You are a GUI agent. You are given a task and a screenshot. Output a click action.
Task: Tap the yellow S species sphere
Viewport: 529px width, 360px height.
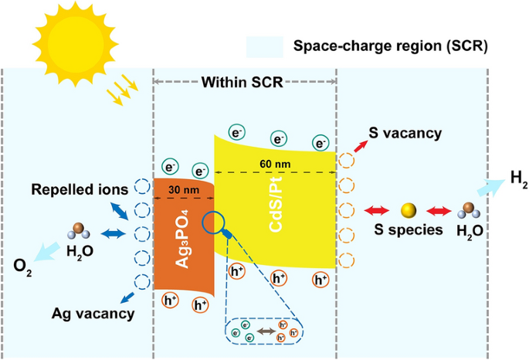point(409,210)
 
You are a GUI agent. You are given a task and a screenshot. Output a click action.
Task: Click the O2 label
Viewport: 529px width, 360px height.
point(23,267)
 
